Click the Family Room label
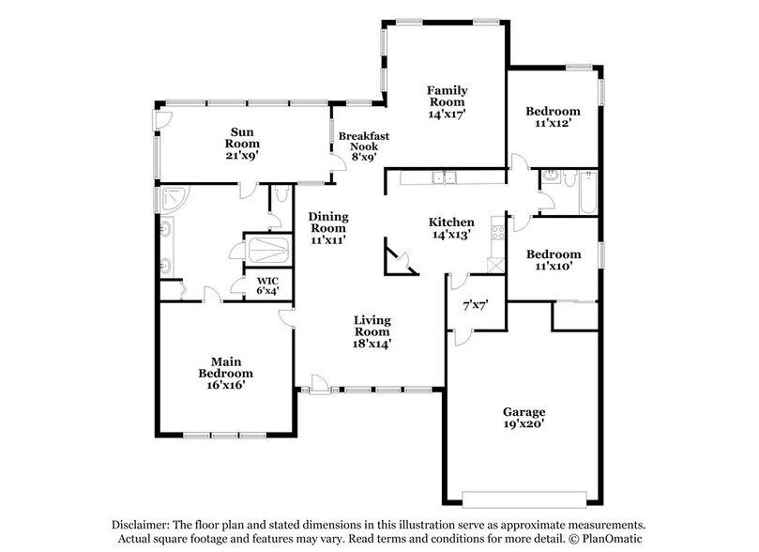pos(448,101)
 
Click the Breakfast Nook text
pos(363,146)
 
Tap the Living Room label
pos(372,331)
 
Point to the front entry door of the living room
pos(319,382)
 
